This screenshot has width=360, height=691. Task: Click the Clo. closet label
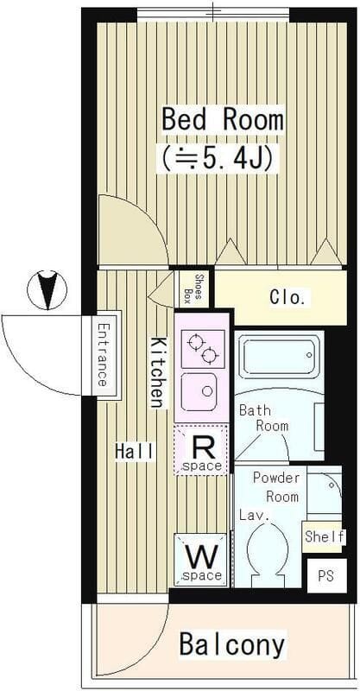click(x=287, y=298)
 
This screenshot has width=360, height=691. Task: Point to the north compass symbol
click(x=47, y=290)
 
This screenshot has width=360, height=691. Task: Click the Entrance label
click(x=103, y=355)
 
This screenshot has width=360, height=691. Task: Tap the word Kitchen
click(x=158, y=372)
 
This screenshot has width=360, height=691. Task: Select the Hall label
click(x=135, y=452)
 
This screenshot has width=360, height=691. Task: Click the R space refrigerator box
click(x=201, y=450)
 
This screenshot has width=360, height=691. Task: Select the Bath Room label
click(x=263, y=418)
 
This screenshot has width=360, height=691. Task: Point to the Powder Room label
click(x=276, y=487)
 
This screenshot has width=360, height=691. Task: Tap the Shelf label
click(x=325, y=536)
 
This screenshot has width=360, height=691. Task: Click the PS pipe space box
click(x=326, y=576)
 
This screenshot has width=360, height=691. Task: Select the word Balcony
click(x=231, y=645)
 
